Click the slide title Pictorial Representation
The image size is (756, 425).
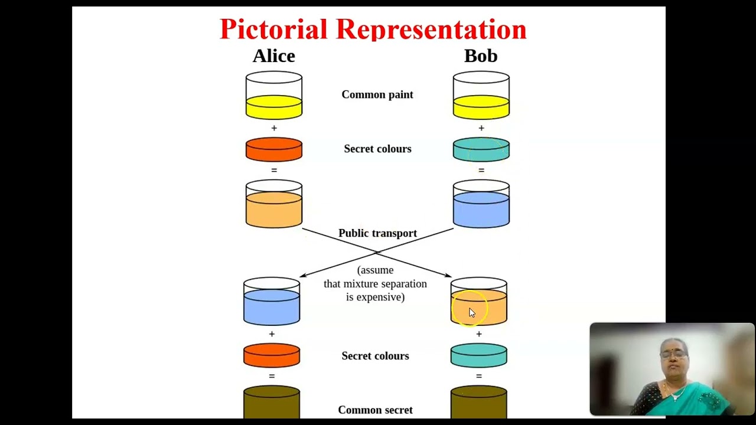click(x=373, y=30)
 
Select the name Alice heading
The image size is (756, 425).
click(x=273, y=56)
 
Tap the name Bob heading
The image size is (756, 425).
click(x=481, y=56)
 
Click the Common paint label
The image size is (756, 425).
click(x=377, y=94)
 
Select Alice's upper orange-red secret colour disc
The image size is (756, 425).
click(x=274, y=149)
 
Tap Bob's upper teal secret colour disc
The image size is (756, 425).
click(x=481, y=149)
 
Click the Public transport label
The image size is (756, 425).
click(x=377, y=233)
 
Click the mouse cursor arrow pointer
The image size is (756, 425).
click(x=471, y=313)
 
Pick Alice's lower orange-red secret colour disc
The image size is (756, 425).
click(x=272, y=356)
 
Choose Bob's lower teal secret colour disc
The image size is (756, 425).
click(x=479, y=356)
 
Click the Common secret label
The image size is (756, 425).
click(x=375, y=410)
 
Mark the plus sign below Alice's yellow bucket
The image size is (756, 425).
click(x=273, y=128)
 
